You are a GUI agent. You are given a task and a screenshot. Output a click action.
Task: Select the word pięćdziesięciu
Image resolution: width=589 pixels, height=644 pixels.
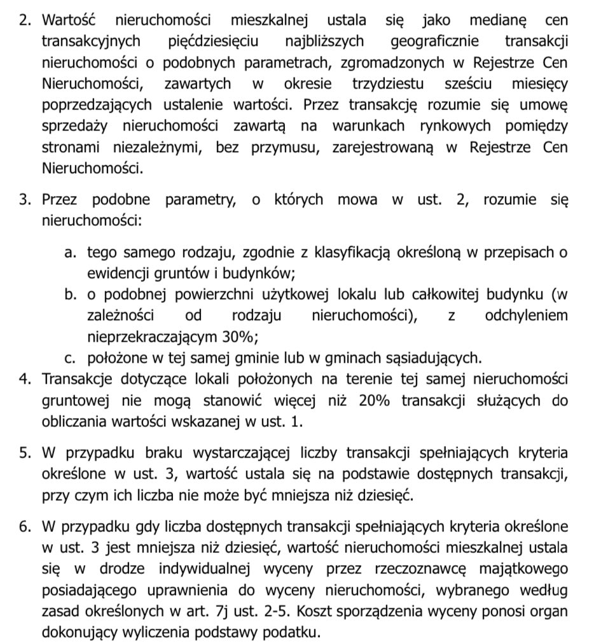click(214, 42)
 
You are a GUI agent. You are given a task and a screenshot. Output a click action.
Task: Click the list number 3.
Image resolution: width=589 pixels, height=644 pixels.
click(24, 200)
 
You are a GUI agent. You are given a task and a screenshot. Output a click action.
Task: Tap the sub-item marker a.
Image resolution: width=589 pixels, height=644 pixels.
click(70, 253)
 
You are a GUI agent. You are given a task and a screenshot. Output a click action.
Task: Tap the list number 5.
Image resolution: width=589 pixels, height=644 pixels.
click(24, 453)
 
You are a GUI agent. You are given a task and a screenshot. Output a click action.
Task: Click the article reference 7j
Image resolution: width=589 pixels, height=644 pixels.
click(222, 611)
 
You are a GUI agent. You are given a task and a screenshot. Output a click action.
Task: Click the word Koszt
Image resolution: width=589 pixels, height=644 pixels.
click(326, 611)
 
